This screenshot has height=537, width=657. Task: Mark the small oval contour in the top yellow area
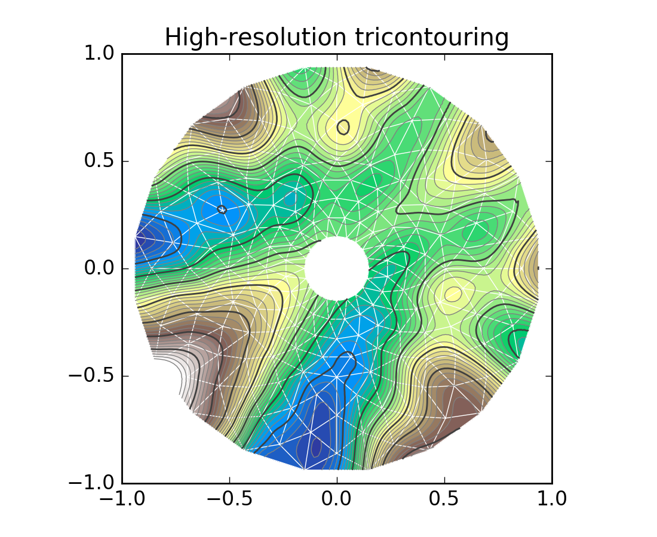tap(343, 127)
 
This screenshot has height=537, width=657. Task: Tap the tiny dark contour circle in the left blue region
tap(222, 209)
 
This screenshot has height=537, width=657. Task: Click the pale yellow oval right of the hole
tap(453, 294)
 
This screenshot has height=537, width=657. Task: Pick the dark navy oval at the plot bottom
tap(317, 445)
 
